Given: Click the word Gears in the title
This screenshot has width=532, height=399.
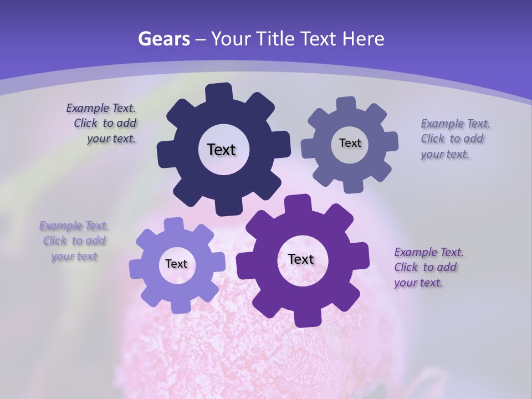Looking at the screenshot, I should click(163, 39).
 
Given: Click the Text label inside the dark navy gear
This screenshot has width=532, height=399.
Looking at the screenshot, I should click(221, 150).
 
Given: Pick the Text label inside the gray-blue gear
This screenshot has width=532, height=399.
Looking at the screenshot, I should click(350, 143).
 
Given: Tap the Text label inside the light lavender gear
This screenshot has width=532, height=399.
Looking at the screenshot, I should click(176, 264).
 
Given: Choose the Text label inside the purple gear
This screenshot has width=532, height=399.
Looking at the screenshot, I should click(301, 259).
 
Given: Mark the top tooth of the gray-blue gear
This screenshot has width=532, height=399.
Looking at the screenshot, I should click(346, 104).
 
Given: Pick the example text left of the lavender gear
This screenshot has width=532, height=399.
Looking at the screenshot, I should click(74, 241).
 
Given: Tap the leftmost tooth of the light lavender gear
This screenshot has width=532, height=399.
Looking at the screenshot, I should click(136, 268).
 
